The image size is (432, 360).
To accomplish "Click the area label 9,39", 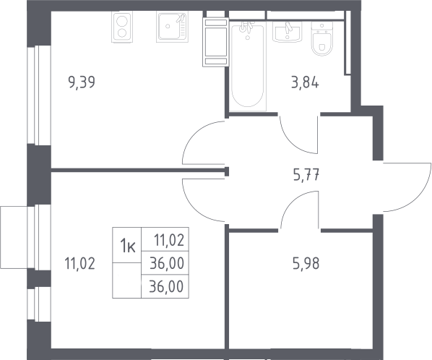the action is [82, 82].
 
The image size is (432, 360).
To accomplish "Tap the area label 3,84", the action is [306, 82].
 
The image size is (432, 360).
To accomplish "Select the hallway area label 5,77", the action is [306, 175].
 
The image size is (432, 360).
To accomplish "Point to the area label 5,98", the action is [306, 264].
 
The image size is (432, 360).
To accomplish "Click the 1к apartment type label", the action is [127, 246].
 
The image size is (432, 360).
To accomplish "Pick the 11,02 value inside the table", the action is [169, 240].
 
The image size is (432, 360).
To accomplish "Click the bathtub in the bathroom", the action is [248, 67].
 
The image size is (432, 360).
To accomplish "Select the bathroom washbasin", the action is [288, 32].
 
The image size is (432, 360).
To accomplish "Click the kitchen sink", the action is [172, 27].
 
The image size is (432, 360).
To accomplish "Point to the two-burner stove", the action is [122, 27].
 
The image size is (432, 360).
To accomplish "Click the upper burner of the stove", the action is [122, 21].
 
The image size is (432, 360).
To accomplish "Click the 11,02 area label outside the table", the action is [79, 263].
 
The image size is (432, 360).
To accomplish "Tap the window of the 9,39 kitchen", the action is [39, 95].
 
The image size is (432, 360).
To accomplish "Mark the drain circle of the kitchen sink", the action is [168, 27].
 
